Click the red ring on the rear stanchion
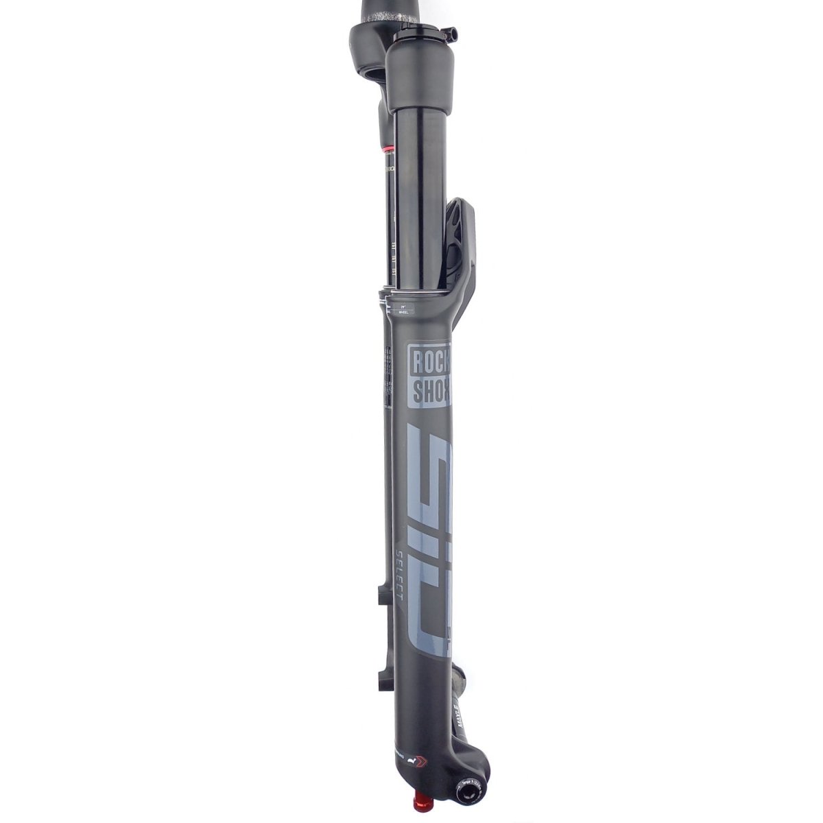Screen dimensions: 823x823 coord(388,147)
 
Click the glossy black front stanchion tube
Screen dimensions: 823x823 coord(420,192)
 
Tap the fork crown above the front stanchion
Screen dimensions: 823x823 coord(421,75)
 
